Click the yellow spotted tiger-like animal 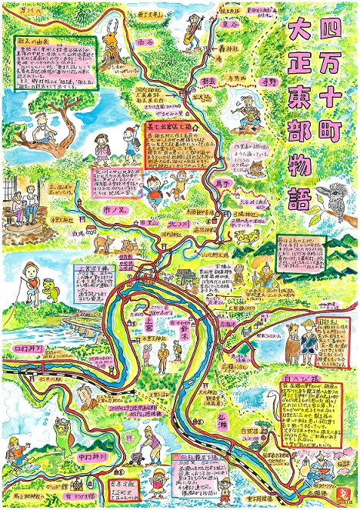click(x=246, y=235)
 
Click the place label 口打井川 click(x=30, y=349)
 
